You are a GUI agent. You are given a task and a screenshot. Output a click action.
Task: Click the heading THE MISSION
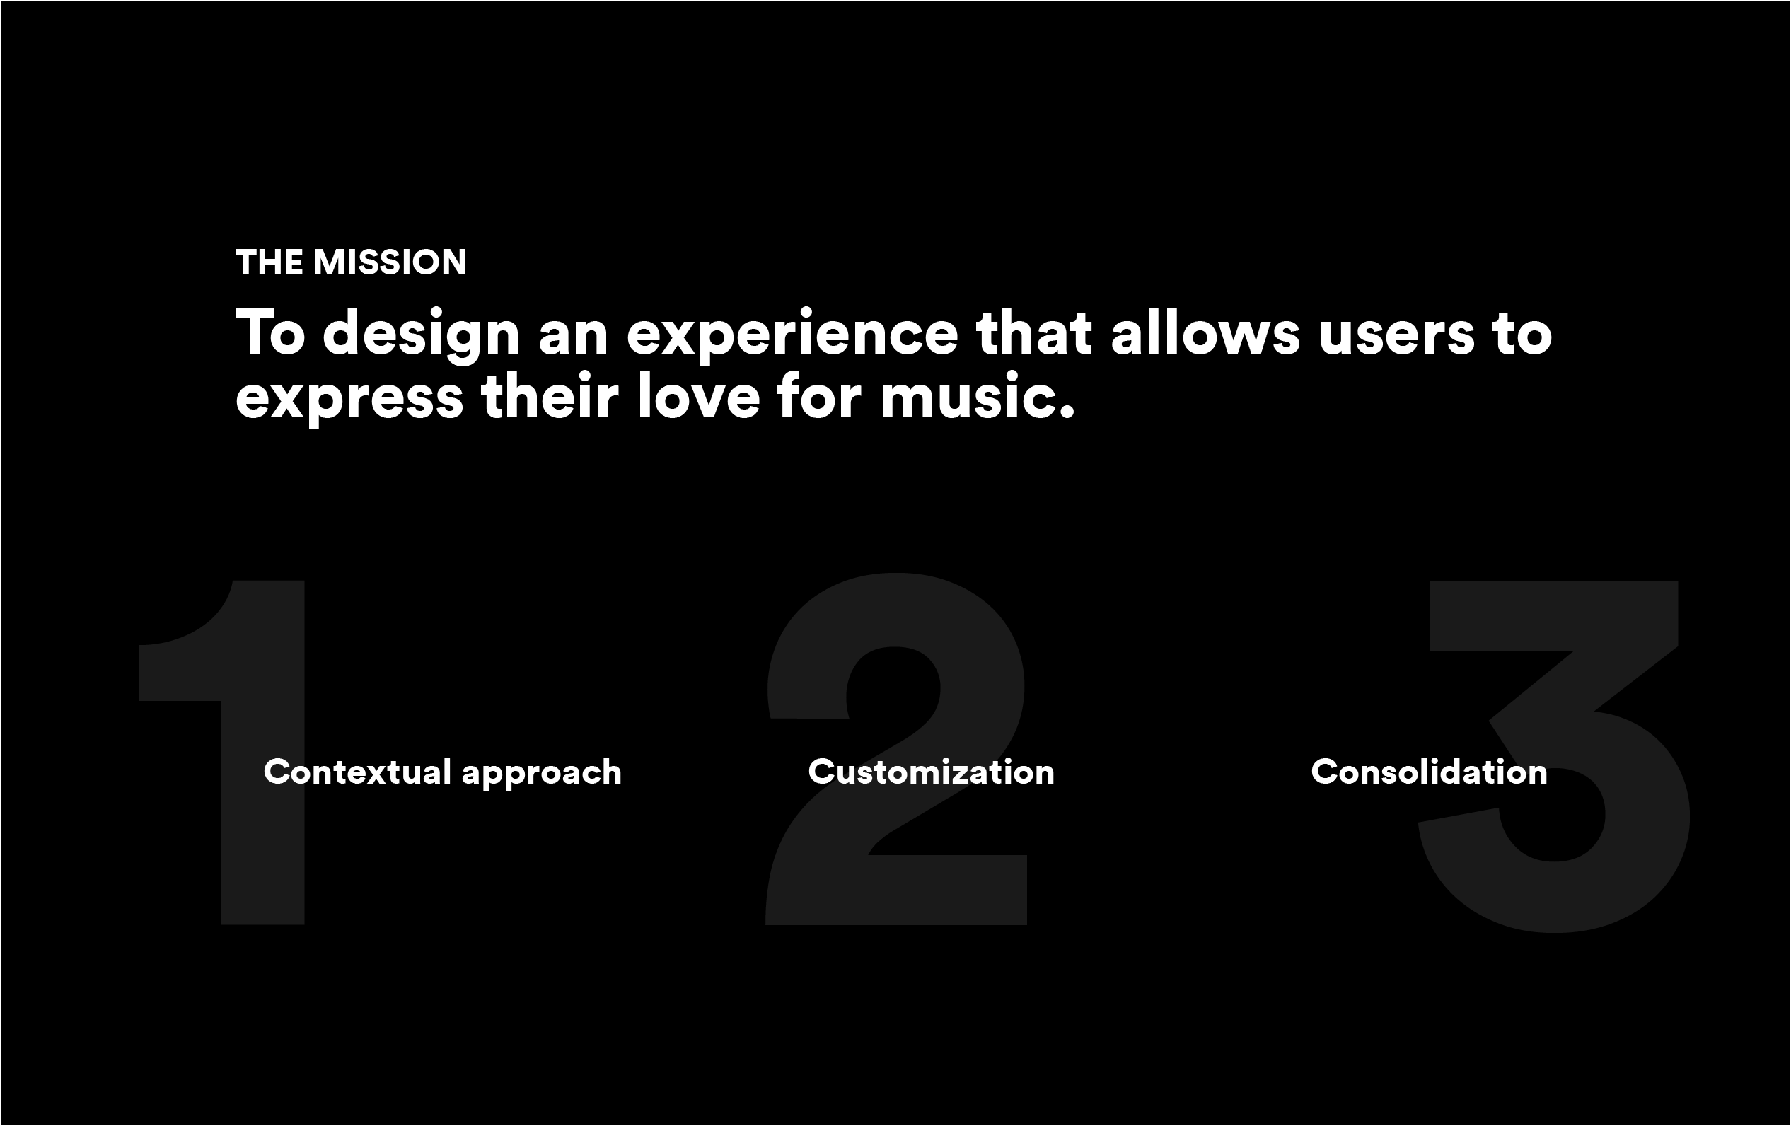(x=351, y=262)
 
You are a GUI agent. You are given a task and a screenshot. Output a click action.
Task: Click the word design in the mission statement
(x=421, y=336)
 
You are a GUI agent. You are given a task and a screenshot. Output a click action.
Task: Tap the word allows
(x=1205, y=332)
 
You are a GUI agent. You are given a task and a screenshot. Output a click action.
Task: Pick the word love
(x=698, y=395)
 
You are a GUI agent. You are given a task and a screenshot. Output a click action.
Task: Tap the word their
(x=550, y=395)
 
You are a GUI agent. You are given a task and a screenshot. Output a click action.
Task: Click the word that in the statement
(x=1033, y=332)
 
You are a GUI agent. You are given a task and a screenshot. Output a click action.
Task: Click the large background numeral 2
(x=896, y=748)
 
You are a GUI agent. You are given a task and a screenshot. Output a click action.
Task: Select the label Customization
(x=931, y=772)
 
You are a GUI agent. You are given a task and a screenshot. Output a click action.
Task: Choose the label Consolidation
(x=1429, y=772)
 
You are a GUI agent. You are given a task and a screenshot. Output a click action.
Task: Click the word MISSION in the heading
(x=390, y=262)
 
